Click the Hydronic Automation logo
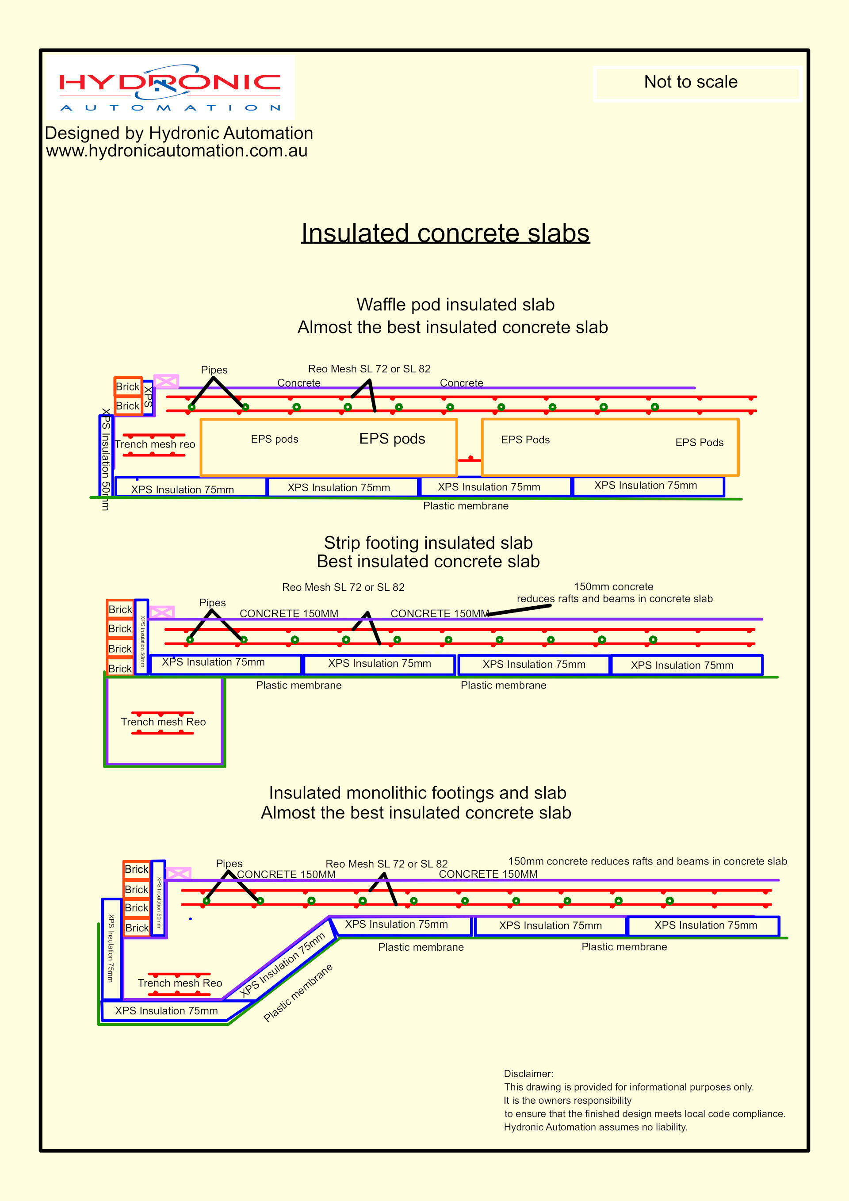169,88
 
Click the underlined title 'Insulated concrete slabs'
445,233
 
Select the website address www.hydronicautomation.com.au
177,151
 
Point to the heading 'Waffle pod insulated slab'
455,304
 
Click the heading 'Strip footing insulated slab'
428,543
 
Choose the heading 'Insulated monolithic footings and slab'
417,793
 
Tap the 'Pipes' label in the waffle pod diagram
214,370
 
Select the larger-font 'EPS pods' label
392,439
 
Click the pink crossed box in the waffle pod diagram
166,381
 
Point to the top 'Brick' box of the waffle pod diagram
128,386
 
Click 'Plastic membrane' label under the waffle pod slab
466,506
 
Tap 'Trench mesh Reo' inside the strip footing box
163,722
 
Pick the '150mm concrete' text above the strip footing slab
614,587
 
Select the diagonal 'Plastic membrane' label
298,993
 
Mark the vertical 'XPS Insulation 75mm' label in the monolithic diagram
111,948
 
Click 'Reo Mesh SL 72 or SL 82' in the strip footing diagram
343,587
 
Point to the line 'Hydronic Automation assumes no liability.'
595,1127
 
